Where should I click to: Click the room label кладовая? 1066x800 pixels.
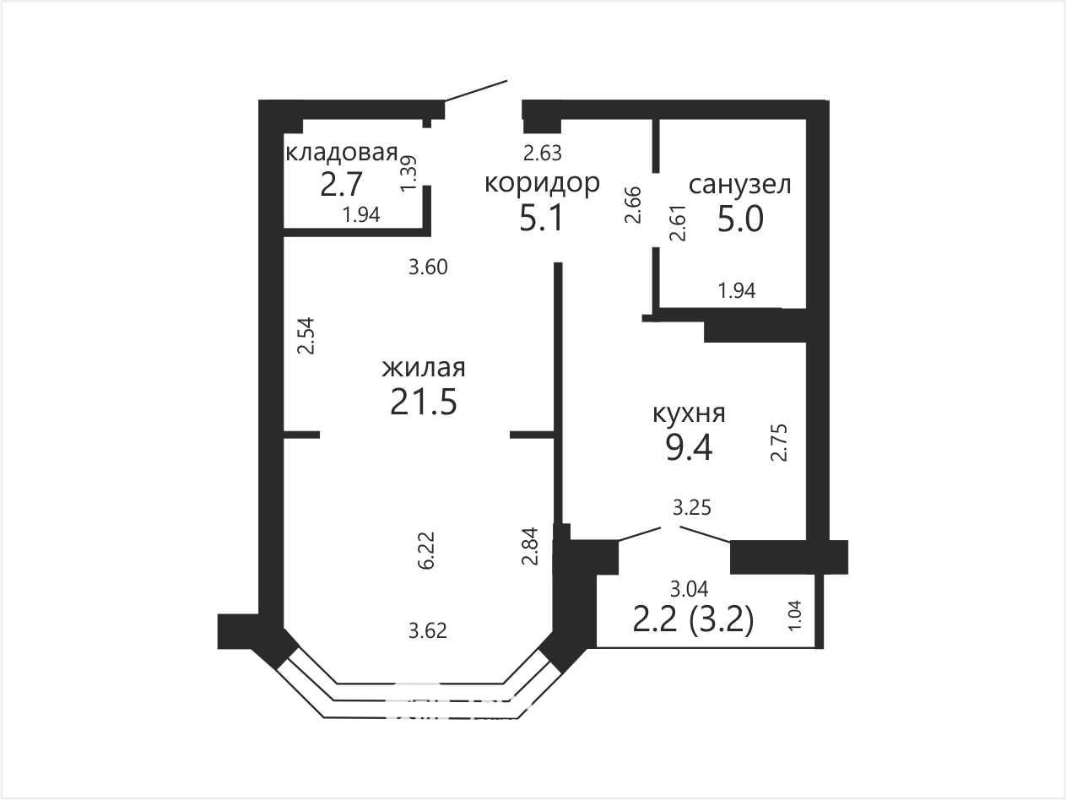pyautogui.click(x=342, y=153)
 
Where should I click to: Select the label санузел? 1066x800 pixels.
pyautogui.click(x=739, y=185)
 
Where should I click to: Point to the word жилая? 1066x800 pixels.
pyautogui.click(x=424, y=367)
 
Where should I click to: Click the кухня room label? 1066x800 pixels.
pyautogui.click(x=689, y=414)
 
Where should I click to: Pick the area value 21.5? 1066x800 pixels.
pyautogui.click(x=424, y=402)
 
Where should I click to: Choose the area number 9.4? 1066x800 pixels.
pyautogui.click(x=689, y=448)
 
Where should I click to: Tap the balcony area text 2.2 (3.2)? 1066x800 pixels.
pyautogui.click(x=693, y=620)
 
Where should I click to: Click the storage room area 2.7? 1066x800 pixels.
pyautogui.click(x=342, y=184)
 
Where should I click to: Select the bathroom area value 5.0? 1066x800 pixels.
pyautogui.click(x=740, y=219)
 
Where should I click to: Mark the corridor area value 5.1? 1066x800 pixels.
pyautogui.click(x=542, y=218)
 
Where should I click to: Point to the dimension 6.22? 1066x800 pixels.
pyautogui.click(x=426, y=550)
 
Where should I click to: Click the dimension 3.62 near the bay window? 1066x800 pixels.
pyautogui.click(x=427, y=631)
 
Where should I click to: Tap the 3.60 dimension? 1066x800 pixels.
pyautogui.click(x=428, y=267)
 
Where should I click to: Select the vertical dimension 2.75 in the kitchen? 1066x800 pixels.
pyautogui.click(x=779, y=442)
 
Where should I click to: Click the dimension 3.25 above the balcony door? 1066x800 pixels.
pyautogui.click(x=691, y=508)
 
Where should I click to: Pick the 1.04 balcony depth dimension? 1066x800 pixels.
pyautogui.click(x=794, y=616)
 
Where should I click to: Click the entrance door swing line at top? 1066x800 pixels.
pyautogui.click(x=476, y=91)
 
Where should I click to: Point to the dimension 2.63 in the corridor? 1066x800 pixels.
pyautogui.click(x=543, y=153)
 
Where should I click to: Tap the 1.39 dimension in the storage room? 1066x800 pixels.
pyautogui.click(x=408, y=173)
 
